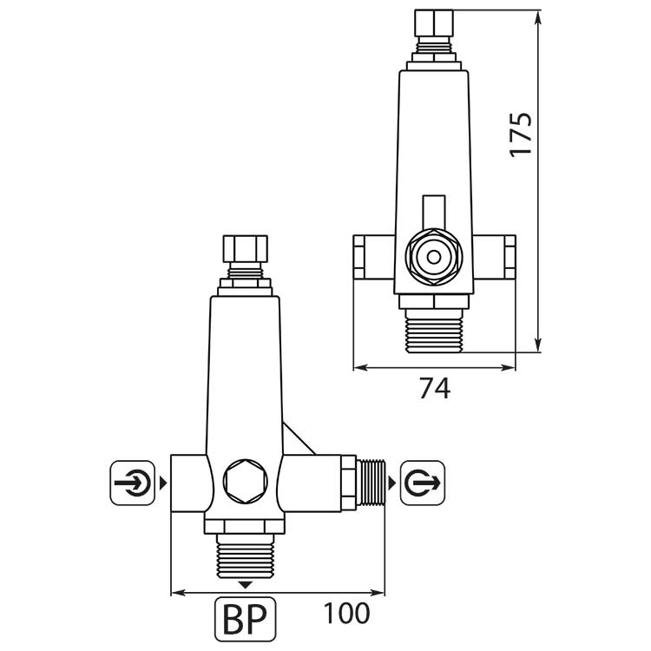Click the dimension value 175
tap(520, 134)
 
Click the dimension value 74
tap(434, 390)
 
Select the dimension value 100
tap(347, 613)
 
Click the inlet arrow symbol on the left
tap(133, 481)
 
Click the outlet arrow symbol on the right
tap(423, 481)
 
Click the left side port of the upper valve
tap(371, 256)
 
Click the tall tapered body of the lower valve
tap(244, 365)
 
